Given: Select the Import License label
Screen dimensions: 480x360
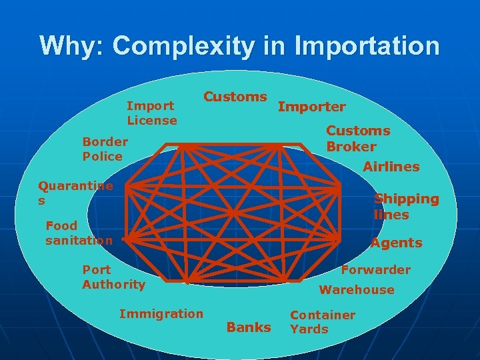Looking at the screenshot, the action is tap(152, 113).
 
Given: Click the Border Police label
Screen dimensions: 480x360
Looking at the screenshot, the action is tap(105, 149).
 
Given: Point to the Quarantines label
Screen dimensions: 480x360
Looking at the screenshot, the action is tap(75, 193).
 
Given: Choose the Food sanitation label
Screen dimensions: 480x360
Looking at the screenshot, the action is tap(78, 233).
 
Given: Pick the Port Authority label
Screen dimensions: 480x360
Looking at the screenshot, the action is tap(113, 277).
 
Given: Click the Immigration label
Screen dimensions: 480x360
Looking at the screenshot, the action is tap(161, 313).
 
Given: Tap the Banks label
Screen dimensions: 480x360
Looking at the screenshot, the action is tap(249, 327).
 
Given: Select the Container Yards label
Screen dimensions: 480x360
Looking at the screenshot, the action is tap(322, 321).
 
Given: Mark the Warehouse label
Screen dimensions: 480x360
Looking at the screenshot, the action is tap(356, 290).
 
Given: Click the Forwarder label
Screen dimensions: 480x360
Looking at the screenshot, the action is tap(375, 270).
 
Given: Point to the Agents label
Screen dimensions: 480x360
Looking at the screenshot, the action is tap(396, 243).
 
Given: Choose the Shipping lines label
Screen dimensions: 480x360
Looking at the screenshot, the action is tap(406, 207).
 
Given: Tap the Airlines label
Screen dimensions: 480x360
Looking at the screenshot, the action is tap(391, 167).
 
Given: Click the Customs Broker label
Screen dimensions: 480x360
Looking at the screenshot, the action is tap(357, 139).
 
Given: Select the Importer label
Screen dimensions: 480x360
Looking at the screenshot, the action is tap(311, 107).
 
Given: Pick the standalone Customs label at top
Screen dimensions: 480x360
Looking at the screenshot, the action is tap(235, 97).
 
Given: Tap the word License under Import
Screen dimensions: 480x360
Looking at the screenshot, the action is tap(152, 121).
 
